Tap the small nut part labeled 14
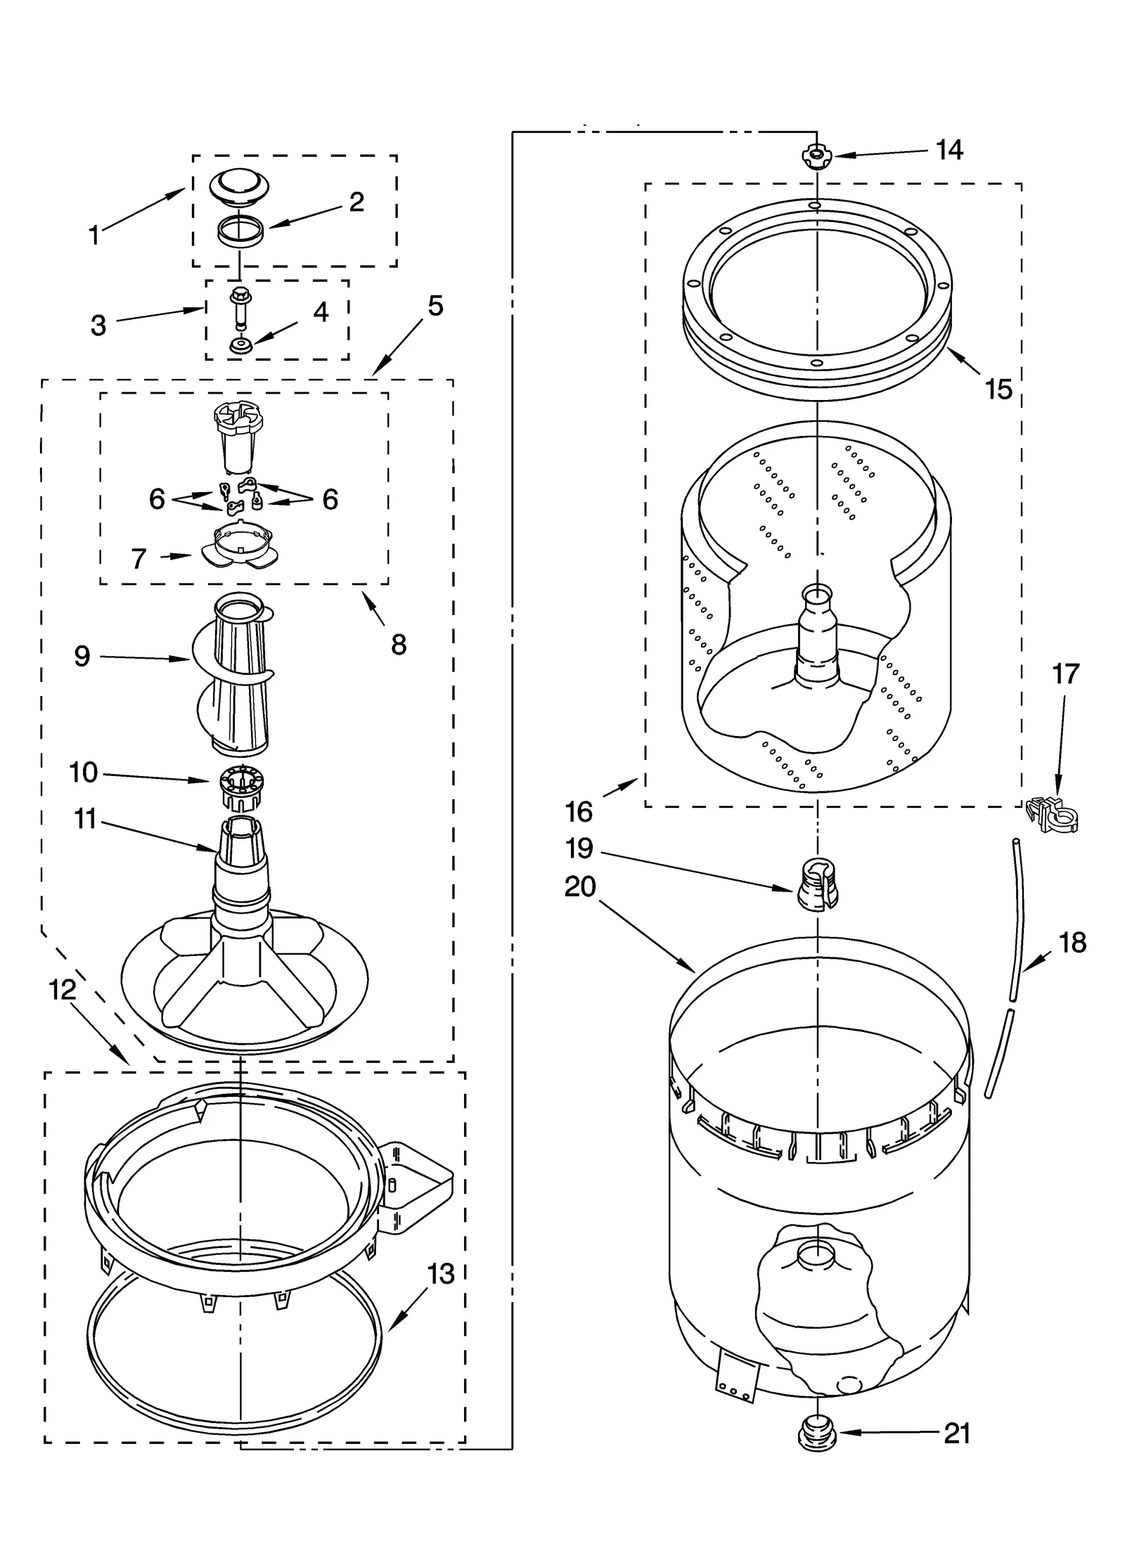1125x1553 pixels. [x=815, y=155]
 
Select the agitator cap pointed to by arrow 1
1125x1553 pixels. [x=239, y=186]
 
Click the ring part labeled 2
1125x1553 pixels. [x=240, y=231]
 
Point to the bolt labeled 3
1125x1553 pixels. [x=240, y=307]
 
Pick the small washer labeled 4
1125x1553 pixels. [x=240, y=345]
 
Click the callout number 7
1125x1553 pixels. [x=139, y=559]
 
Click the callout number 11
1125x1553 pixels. [x=85, y=818]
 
